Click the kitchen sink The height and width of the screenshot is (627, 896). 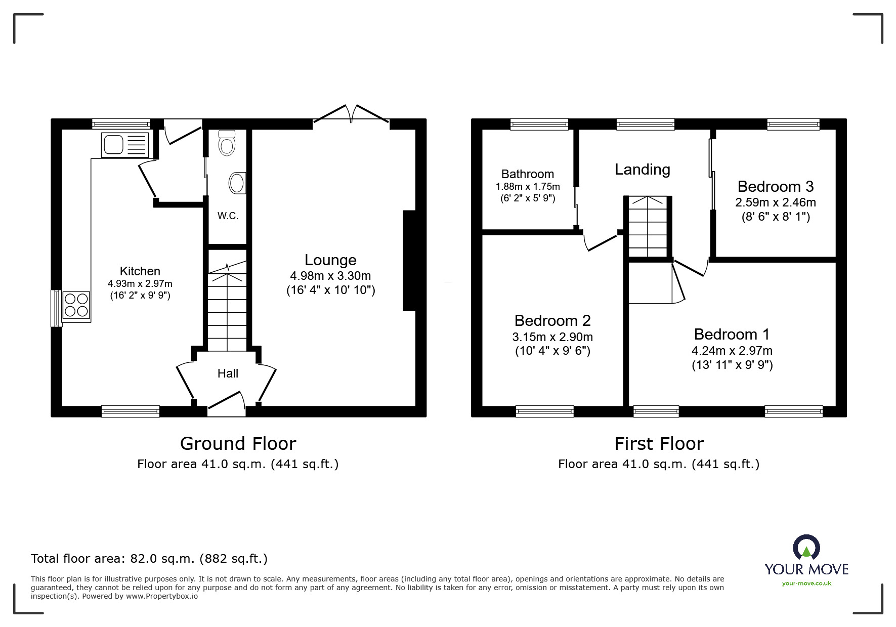tap(125, 145)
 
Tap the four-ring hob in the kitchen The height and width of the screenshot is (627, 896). tap(76, 305)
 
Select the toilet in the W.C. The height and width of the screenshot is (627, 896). tap(227, 143)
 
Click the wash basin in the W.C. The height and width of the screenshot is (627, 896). tap(237, 183)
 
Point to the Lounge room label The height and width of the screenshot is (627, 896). tap(330, 260)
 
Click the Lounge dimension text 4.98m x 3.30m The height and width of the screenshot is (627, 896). tap(330, 276)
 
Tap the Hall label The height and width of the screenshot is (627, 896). tap(228, 373)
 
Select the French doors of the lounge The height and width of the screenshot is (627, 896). tap(351, 113)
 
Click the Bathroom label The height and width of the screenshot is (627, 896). tap(528, 174)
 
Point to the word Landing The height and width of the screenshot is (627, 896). tap(642, 170)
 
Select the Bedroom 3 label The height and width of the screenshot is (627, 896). tap(775, 187)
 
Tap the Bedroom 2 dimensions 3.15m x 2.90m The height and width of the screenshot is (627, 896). tap(552, 337)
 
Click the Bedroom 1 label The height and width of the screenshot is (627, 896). tap(732, 335)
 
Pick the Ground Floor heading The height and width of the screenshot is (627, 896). tap(238, 444)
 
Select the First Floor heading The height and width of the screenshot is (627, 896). tap(659, 444)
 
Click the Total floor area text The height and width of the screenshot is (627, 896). tap(149, 559)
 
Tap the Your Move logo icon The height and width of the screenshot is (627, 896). tap(806, 549)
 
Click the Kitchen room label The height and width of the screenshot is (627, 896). tap(140, 271)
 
